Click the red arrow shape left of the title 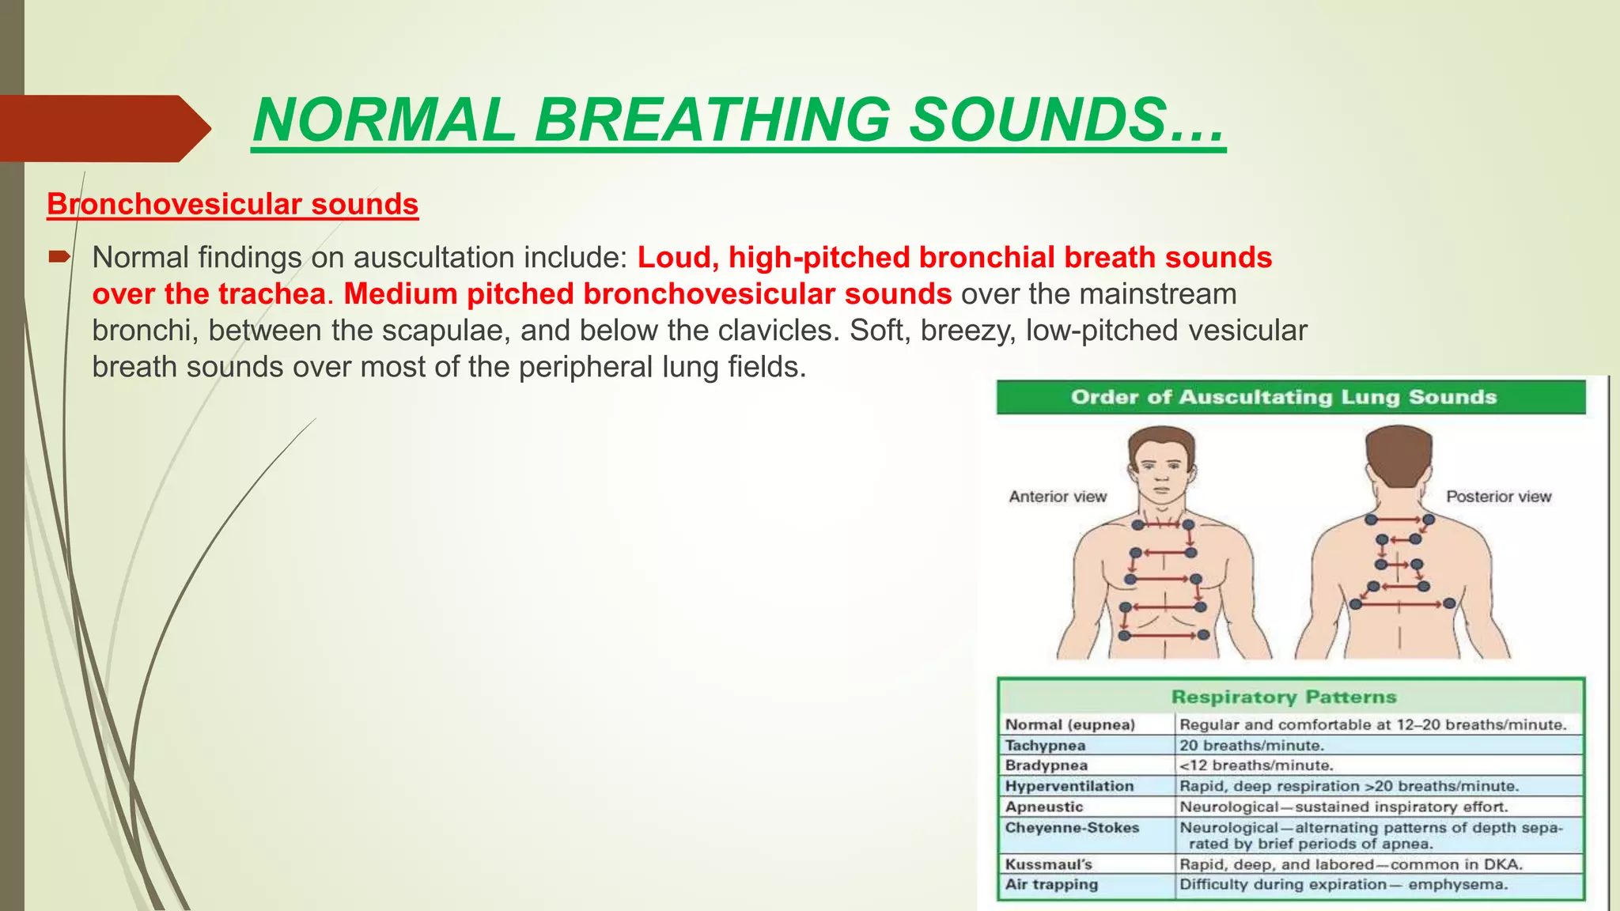coord(103,128)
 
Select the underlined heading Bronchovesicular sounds coord(233,204)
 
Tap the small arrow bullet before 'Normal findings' coord(59,256)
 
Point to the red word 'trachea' coord(271,294)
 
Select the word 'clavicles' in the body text coord(776,331)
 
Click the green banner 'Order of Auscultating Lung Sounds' coord(1290,397)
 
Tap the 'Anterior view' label coord(1058,497)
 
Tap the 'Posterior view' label coord(1498,497)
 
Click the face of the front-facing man coord(1161,471)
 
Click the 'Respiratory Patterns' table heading coord(1284,697)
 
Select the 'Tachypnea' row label coord(1045,745)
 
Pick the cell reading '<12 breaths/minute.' coord(1256,765)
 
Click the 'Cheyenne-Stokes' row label coord(1072,828)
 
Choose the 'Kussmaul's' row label coord(1048,864)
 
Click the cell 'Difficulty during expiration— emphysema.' coord(1343,885)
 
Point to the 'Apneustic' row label coord(1044,807)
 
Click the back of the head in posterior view coord(1398,455)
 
